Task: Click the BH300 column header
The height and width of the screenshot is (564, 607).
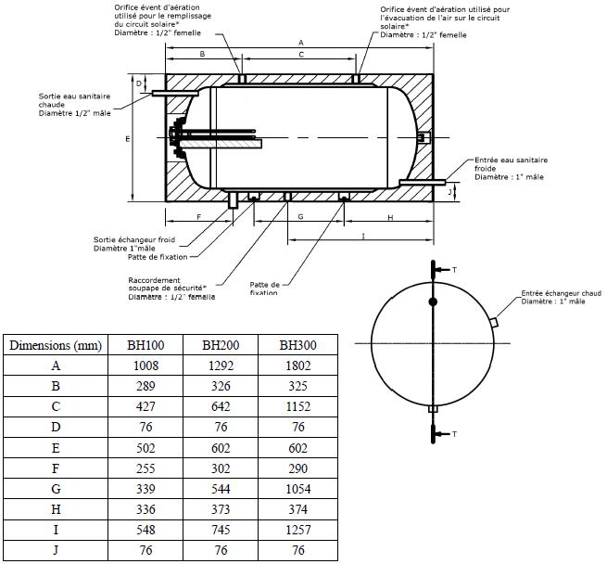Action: click(x=297, y=345)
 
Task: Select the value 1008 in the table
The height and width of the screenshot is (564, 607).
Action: click(x=145, y=365)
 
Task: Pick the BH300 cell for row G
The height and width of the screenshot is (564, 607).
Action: click(x=297, y=489)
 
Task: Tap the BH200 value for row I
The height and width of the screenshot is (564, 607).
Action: click(x=221, y=530)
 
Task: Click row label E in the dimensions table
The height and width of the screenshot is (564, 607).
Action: click(x=56, y=448)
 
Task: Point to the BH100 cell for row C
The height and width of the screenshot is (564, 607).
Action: click(x=145, y=406)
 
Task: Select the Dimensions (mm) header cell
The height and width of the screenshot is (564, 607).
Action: click(x=56, y=345)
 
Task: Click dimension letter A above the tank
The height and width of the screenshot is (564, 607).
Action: click(x=301, y=43)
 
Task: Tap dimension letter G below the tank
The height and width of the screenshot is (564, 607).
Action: click(x=301, y=217)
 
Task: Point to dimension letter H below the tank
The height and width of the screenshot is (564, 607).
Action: click(x=390, y=217)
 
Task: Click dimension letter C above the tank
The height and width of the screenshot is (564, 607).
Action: click(x=301, y=55)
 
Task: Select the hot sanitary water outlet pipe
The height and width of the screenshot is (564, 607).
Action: click(x=175, y=94)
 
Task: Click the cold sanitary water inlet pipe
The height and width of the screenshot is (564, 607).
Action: click(x=423, y=182)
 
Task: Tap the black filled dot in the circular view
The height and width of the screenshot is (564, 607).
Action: click(x=433, y=301)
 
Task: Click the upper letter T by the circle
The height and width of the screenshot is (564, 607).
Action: click(x=454, y=270)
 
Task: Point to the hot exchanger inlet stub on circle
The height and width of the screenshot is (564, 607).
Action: click(x=494, y=323)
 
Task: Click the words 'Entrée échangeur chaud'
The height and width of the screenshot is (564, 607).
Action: click(x=561, y=293)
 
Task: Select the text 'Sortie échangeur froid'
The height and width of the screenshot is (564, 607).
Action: click(x=134, y=240)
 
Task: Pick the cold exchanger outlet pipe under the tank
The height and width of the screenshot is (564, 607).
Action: click(x=233, y=199)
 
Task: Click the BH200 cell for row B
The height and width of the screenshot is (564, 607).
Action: click(x=221, y=386)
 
